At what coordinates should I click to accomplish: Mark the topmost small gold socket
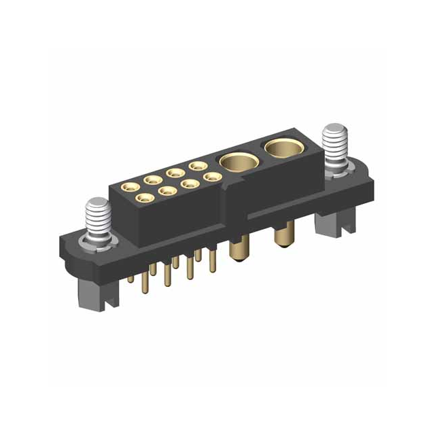tap(198, 165)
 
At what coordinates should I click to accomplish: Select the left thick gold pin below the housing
tap(238, 253)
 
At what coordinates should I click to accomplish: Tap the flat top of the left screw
tap(97, 202)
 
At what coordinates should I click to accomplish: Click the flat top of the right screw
tap(335, 128)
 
